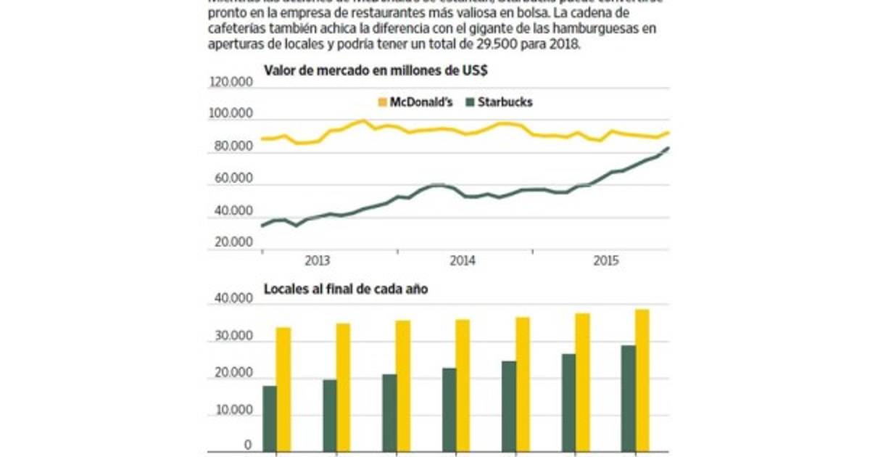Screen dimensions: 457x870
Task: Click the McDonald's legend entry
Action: point(415,102)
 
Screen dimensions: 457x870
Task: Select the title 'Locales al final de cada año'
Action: point(345,289)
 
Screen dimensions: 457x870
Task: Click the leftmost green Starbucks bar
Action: point(270,419)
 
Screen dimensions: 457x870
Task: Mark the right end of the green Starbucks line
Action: point(668,148)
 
